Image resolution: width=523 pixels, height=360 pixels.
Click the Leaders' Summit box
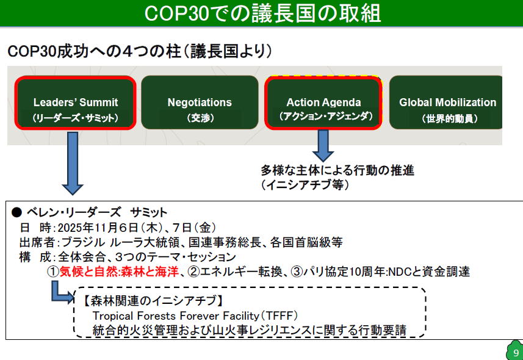tap(76, 103)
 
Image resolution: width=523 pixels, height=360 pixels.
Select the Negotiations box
tap(200, 103)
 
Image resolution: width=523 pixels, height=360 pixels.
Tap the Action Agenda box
tap(323, 103)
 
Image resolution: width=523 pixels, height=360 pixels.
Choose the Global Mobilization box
tap(445, 103)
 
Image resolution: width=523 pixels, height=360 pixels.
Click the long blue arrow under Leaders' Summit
tap(73, 163)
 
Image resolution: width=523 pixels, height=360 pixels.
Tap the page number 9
tap(516, 353)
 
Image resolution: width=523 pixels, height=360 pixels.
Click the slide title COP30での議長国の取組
tap(262, 13)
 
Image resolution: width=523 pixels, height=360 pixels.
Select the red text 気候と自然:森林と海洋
tap(119, 272)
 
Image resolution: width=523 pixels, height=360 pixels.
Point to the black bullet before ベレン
tap(16, 212)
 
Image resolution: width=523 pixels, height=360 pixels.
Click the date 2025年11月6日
tap(98, 228)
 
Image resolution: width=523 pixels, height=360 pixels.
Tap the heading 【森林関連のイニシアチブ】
tap(152, 301)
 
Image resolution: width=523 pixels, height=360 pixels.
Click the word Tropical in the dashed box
tap(112, 316)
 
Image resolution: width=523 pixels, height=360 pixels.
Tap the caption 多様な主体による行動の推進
tap(337, 170)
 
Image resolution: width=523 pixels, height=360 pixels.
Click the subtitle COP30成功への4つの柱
tap(94, 52)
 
